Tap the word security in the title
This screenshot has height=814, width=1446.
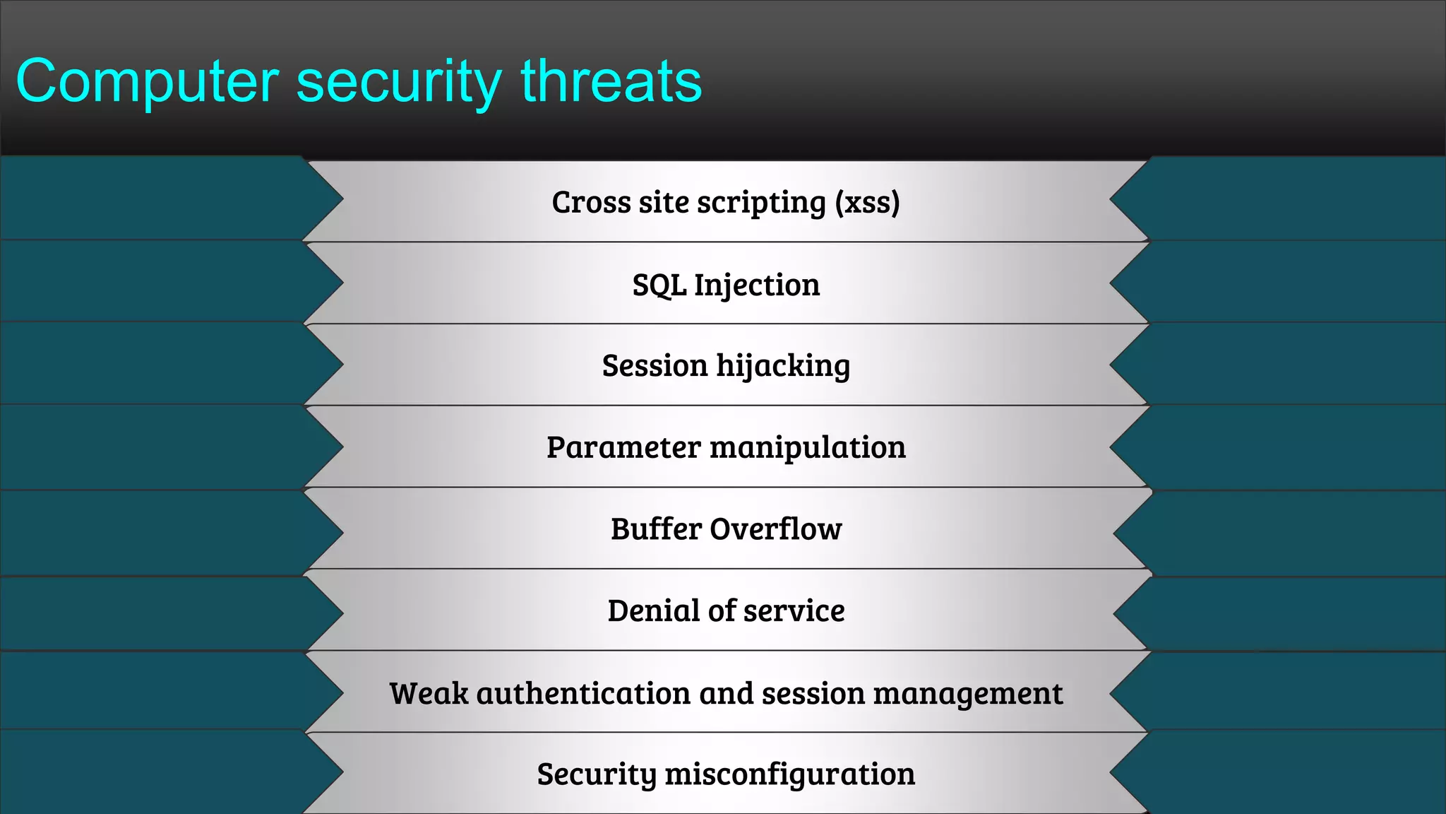pos(398,82)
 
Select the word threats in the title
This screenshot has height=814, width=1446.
pos(611,82)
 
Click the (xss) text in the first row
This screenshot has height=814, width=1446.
pos(867,203)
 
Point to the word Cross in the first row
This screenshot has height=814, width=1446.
pos(591,203)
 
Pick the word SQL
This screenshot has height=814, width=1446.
pos(659,285)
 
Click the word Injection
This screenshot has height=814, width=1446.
pos(757,285)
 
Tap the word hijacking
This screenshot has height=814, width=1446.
pos(783,367)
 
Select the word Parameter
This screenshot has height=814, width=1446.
pos(623,448)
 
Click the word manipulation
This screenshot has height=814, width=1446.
pos(807,448)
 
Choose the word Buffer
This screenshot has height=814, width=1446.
pos(656,529)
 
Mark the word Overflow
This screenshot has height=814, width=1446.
pos(776,529)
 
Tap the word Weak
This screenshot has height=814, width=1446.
pos(429,694)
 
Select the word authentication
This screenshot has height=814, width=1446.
pos(583,694)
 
